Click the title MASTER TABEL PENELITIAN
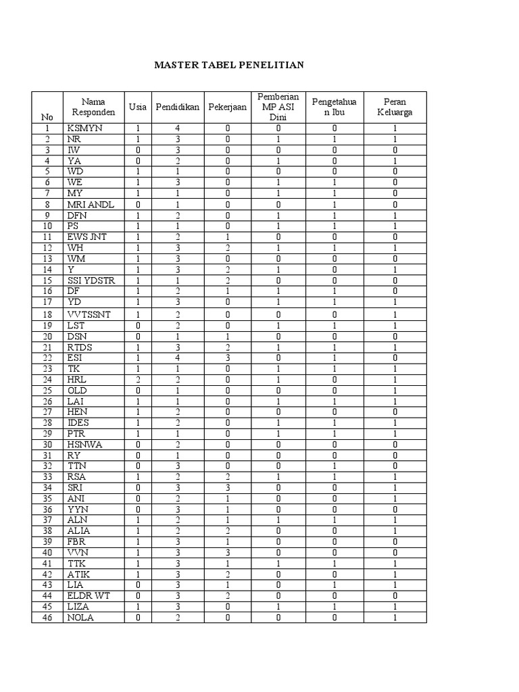pos(230,66)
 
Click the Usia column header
pos(138,107)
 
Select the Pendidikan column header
pos(178,107)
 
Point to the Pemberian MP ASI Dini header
pos(278,107)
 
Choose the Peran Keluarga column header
pos(395,107)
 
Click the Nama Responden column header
pos(94,107)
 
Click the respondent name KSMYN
pos(84,128)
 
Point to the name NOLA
pos(80,618)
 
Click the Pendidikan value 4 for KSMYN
pos(178,128)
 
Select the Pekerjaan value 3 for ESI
pos(228,357)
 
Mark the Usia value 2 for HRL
pos(138,379)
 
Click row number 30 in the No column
pos(47,444)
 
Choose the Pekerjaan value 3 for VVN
pos(228,552)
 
